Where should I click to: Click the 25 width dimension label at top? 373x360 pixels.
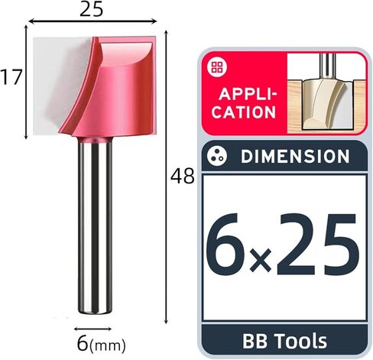click(92, 10)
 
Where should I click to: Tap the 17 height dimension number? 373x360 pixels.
click(11, 77)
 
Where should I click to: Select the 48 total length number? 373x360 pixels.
click(183, 176)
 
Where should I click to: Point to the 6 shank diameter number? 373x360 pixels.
click(83, 343)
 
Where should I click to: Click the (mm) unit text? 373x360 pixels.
click(107, 346)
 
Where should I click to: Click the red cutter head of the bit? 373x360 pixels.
click(109, 86)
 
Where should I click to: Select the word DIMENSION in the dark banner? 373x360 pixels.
click(295, 156)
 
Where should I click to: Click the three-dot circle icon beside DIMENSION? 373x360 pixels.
click(217, 156)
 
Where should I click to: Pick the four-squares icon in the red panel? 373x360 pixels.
click(217, 66)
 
